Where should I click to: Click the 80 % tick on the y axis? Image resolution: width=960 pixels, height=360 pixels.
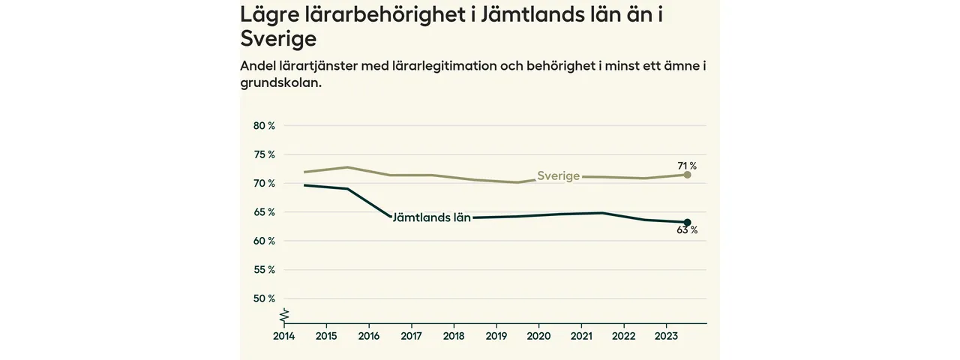coord(264,126)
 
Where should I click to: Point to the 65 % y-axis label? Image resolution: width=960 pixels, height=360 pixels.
coord(264,212)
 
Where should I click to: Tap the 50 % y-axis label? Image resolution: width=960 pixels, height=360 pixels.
coord(264,298)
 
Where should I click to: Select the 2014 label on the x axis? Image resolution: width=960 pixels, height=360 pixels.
coord(283,337)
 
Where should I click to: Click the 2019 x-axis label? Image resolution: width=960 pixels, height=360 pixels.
coord(496,337)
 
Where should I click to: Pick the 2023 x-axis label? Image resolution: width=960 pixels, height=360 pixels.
coord(667,337)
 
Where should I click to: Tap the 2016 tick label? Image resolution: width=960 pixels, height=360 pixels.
coord(369,337)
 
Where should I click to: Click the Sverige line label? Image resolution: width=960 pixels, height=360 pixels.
coord(558,176)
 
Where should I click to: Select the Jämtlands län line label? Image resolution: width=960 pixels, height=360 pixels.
coord(431,218)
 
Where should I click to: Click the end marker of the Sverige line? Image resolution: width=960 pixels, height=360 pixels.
coord(687,175)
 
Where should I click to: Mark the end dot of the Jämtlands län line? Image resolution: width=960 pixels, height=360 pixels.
coord(687,222)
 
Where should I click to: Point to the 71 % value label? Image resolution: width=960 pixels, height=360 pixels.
coord(687,166)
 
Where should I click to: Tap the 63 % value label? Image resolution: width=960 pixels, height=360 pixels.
coord(687,231)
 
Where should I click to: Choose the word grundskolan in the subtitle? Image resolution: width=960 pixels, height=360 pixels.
coord(280,83)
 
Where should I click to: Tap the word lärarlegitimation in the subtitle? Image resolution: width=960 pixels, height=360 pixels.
coord(445,66)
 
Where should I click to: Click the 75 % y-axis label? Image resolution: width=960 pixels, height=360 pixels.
coord(264,154)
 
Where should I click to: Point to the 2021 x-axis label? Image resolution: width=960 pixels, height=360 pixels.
coord(582,337)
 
